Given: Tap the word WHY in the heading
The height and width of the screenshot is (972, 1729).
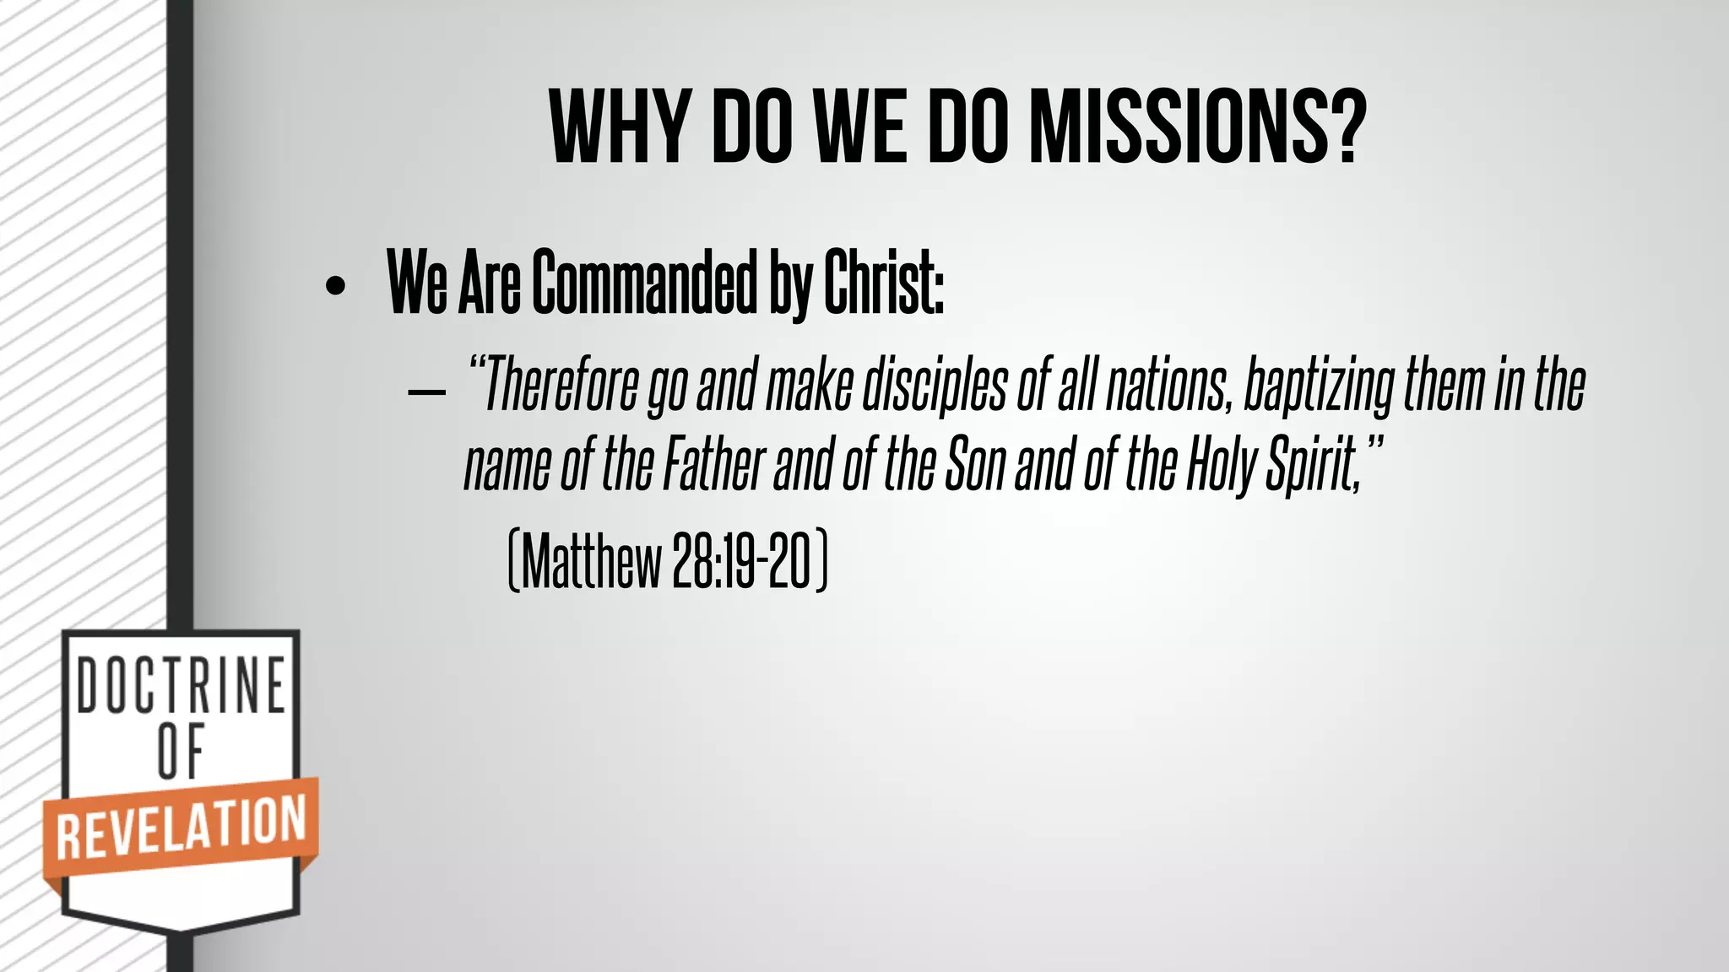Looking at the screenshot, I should pos(617,127).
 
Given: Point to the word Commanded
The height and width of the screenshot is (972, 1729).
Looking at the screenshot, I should pos(645,283).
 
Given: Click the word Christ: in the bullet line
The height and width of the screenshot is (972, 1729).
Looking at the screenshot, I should pos(883,283).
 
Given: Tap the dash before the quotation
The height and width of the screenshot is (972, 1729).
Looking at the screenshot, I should pos(426,392).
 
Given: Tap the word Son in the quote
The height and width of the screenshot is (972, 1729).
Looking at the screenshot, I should pos(976,465).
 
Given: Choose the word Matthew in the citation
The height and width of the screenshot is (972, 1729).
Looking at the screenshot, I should pos(592,562).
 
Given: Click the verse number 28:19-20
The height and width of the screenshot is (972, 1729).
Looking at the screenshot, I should pos(742,562).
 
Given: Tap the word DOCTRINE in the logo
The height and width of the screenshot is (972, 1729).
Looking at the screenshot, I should pos(182,685).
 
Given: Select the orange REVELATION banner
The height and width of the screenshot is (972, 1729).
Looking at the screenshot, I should pos(181,827).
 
